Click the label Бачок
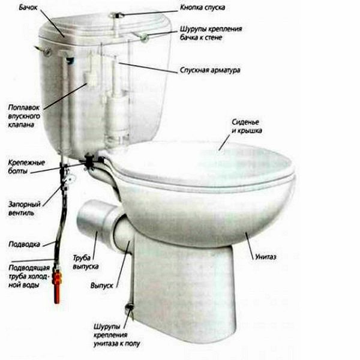click(x=28, y=7)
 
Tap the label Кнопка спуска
click(x=202, y=8)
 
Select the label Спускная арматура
click(x=210, y=70)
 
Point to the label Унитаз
click(x=265, y=257)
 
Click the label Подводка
click(x=24, y=244)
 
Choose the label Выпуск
click(x=102, y=286)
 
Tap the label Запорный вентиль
click(x=25, y=208)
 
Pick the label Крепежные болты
click(x=26, y=167)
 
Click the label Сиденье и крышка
click(x=247, y=126)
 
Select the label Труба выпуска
click(x=85, y=262)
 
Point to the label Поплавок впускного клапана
click(x=24, y=116)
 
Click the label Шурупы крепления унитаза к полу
click(x=116, y=335)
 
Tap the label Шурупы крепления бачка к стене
click(x=211, y=33)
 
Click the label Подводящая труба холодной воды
click(x=29, y=277)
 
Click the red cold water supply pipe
click(x=57, y=285)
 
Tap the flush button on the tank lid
click(x=116, y=16)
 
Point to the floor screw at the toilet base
click(x=130, y=306)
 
